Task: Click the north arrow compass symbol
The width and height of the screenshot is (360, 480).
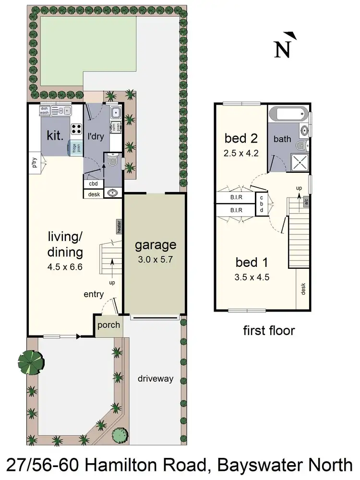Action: tap(284, 46)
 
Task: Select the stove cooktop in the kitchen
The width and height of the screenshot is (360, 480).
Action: tap(76, 129)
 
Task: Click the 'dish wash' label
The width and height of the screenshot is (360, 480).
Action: tap(45, 110)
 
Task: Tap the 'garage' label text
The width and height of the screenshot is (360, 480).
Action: tap(155, 245)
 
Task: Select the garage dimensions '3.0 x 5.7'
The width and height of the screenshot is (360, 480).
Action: tap(155, 261)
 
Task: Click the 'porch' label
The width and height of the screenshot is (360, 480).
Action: tap(108, 325)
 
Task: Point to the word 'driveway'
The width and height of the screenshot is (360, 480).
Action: tap(156, 378)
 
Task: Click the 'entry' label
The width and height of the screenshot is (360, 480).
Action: tap(94, 294)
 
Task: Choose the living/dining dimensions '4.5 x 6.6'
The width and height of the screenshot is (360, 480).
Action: tap(65, 267)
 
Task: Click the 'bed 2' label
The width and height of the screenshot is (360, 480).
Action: tap(241, 139)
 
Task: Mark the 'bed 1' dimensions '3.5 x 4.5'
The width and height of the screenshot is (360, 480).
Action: tap(252, 277)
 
